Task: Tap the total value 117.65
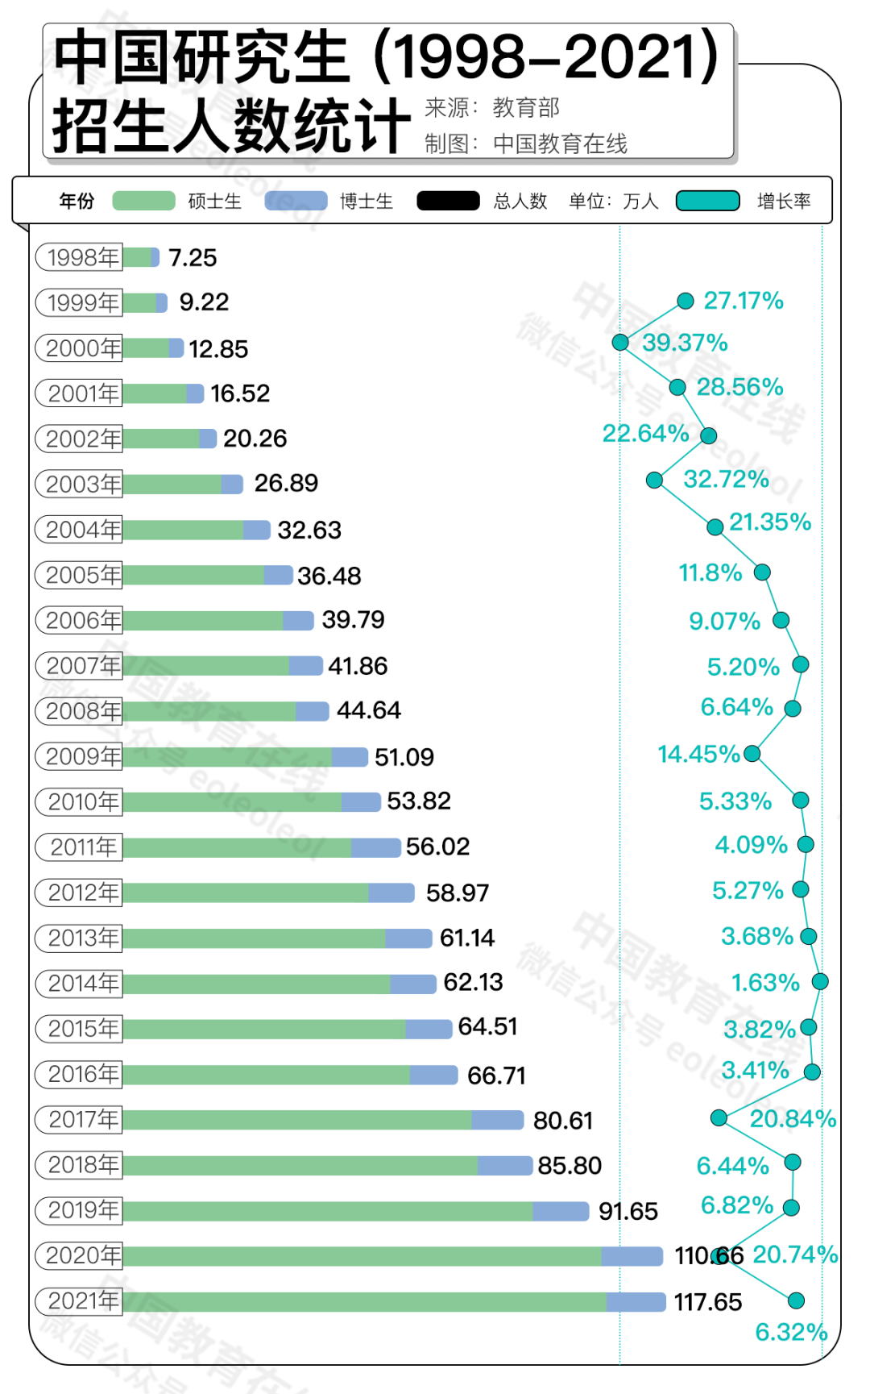point(707,1302)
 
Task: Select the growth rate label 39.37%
point(685,343)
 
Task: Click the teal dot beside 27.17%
point(686,302)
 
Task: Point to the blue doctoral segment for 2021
point(636,1301)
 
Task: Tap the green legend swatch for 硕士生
point(143,201)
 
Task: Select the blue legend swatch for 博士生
point(296,201)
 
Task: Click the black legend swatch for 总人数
point(448,201)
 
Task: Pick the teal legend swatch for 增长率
point(707,201)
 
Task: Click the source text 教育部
point(526,107)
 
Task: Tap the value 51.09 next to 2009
point(404,757)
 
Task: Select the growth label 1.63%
point(764,983)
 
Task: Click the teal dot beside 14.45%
point(752,753)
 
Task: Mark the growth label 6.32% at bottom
point(790,1332)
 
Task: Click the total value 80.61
point(562,1121)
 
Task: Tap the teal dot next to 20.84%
point(719,1117)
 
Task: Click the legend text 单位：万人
point(613,201)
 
